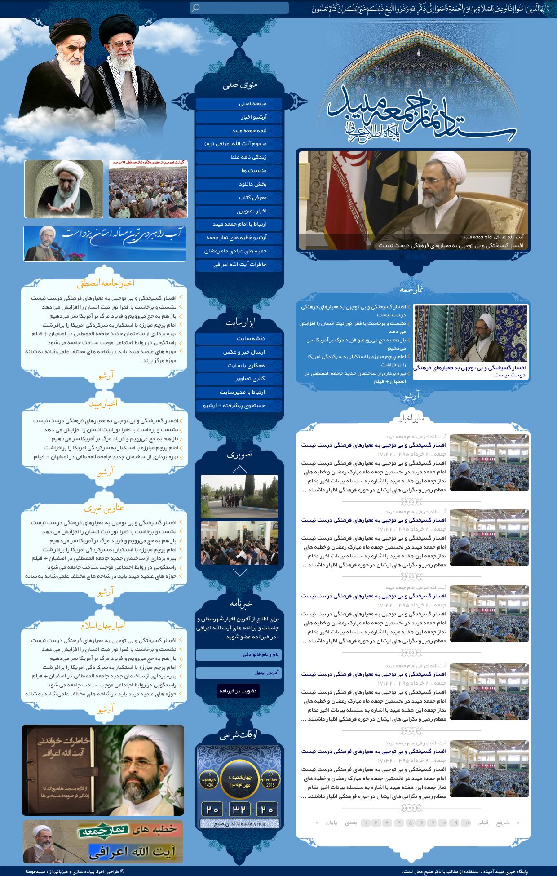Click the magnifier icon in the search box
(195, 8)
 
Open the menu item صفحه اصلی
(239, 104)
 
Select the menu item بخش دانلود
(239, 184)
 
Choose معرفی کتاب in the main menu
(239, 198)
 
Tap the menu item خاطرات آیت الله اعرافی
(239, 265)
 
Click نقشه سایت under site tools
(239, 339)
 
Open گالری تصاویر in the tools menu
(239, 379)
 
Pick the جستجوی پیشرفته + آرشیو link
(239, 406)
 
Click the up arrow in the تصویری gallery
(240, 469)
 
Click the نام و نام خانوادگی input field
(239, 655)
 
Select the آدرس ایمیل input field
(239, 672)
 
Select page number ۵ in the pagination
(409, 823)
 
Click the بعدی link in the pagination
(351, 823)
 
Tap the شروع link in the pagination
(503, 823)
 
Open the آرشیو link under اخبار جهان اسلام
(106, 709)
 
